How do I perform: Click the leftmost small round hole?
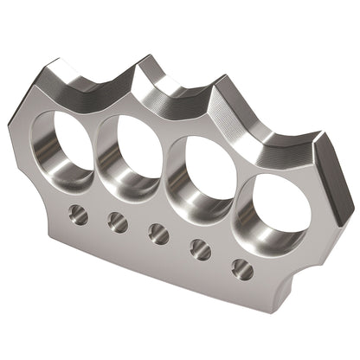79,211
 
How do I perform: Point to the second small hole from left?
118,222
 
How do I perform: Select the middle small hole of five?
158,233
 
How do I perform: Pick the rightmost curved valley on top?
275,134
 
